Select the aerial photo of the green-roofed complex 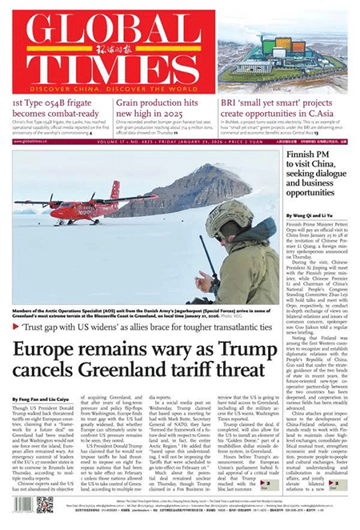tap(286, 54)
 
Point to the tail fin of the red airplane tap(114, 189)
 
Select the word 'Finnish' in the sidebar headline tap(304, 154)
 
